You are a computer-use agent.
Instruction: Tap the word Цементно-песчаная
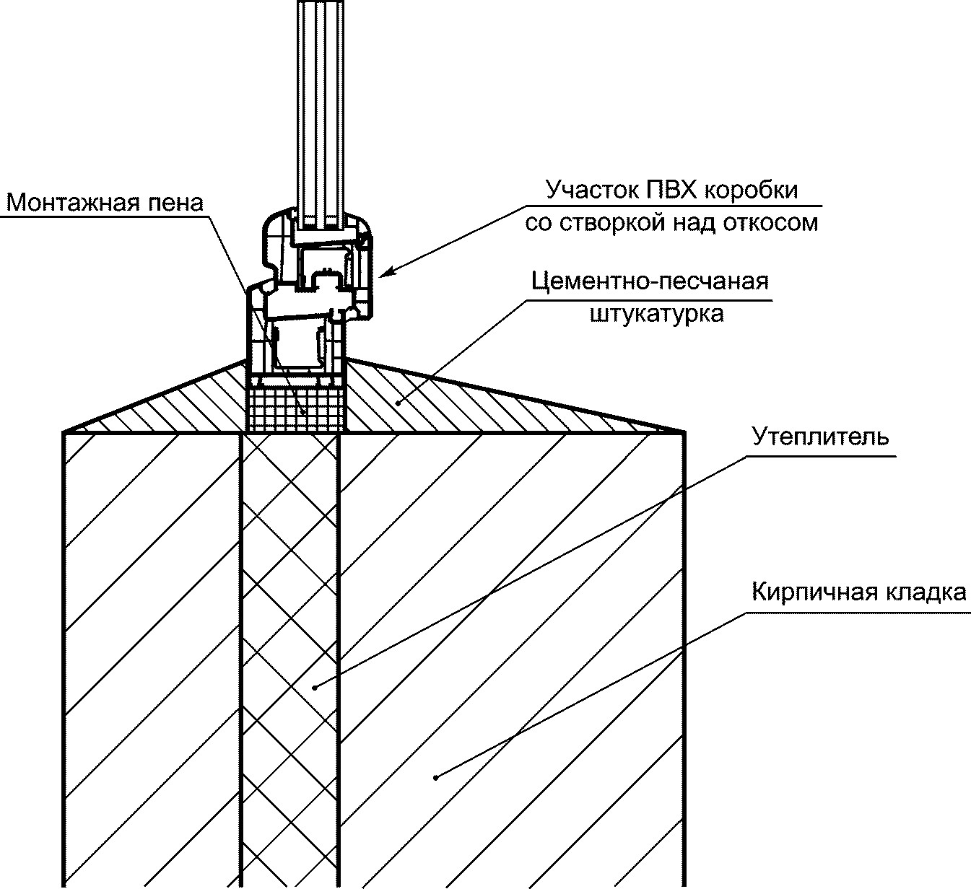tap(650, 281)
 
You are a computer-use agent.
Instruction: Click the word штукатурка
tap(656, 314)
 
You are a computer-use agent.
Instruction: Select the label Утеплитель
tap(820, 437)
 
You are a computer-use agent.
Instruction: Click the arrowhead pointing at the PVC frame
tap(386, 272)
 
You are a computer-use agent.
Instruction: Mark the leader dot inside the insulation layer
tap(315, 687)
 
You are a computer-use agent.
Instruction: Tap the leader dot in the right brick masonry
tap(435, 776)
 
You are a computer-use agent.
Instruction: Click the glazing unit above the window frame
tap(322, 108)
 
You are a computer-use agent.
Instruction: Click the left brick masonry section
tap(152, 649)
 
